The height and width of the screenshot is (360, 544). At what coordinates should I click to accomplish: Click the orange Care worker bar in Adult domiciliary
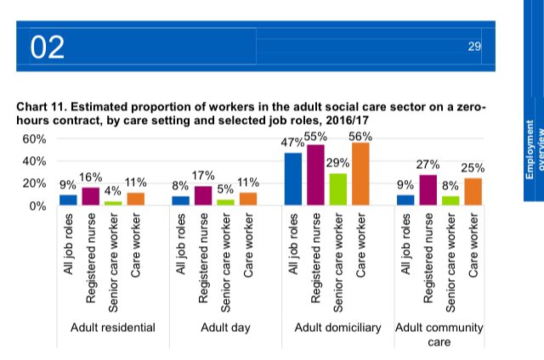click(361, 174)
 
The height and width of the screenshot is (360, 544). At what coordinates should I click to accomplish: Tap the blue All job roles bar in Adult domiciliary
click(293, 179)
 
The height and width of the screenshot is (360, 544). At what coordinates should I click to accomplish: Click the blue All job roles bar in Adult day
click(180, 201)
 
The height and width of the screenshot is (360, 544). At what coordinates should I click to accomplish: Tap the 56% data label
click(361, 135)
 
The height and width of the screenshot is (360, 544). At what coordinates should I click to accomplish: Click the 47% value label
click(293, 144)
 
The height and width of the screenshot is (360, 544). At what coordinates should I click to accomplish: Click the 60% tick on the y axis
click(33, 139)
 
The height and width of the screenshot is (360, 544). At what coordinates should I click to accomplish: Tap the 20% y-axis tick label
click(33, 183)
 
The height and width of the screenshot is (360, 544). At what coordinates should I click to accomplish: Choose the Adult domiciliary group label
click(337, 327)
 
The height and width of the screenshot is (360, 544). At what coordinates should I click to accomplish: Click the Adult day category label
click(224, 327)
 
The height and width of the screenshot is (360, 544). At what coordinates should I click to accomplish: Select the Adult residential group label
click(112, 327)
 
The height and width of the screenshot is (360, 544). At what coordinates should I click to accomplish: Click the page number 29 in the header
click(475, 46)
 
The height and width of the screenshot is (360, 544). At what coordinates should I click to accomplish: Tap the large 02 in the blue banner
click(48, 48)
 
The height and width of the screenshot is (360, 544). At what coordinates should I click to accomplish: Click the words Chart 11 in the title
click(40, 109)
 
